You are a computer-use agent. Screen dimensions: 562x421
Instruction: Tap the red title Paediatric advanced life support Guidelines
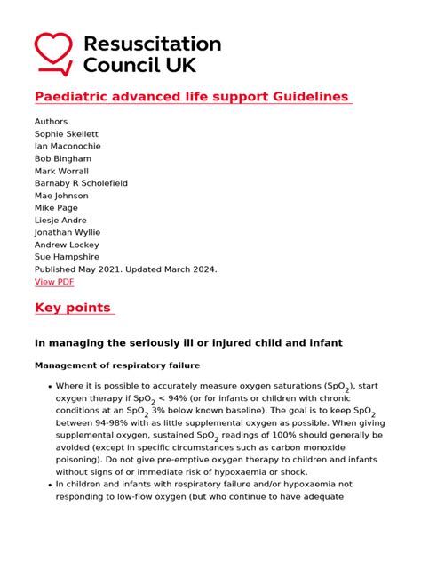191,96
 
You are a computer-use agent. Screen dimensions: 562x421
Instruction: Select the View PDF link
54,282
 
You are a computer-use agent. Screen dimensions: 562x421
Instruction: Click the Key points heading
73,308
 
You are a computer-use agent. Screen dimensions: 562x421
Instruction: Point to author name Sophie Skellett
68,134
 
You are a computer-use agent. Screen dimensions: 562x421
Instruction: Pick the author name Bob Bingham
62,159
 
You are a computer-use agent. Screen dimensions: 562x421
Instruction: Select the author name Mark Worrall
62,171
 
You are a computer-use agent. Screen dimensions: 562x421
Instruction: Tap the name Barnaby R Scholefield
81,183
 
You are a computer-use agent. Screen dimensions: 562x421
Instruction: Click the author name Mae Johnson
61,196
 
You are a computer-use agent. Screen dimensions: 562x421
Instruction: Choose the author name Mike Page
58,208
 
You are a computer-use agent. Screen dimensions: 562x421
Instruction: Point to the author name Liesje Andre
60,220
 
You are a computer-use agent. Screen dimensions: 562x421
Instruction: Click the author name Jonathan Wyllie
67,232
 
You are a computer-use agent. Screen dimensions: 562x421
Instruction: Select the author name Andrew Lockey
67,245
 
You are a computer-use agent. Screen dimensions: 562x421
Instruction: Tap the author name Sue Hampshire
67,257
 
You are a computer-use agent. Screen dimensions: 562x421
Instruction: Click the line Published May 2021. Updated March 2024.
125,269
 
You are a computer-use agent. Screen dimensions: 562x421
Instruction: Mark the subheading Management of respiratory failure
117,365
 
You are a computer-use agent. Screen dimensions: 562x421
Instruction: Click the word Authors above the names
51,122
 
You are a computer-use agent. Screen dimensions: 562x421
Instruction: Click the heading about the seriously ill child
188,342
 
